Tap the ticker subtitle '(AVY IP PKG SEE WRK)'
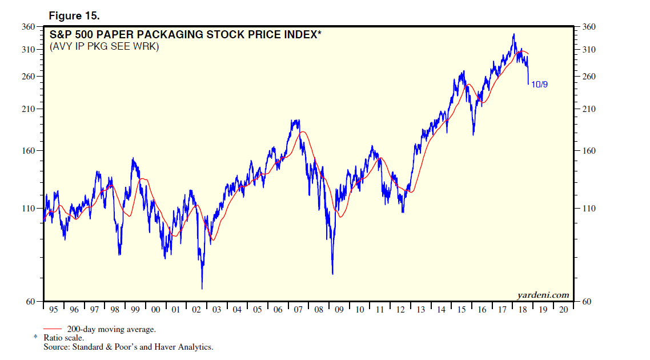click(x=103, y=46)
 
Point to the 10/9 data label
click(x=540, y=84)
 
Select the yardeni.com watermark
click(x=543, y=295)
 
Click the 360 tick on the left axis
click(x=29, y=26)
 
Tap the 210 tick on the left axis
click(x=29, y=109)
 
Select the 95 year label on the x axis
click(x=54, y=309)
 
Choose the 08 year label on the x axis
click(x=318, y=309)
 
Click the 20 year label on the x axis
click(x=563, y=309)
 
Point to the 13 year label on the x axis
click(x=420, y=309)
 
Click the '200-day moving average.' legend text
click(x=111, y=329)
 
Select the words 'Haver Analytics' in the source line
click(x=186, y=347)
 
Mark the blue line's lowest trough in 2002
click(x=202, y=289)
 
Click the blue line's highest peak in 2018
click(x=513, y=34)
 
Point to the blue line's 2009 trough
click(x=332, y=274)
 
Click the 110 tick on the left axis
click(x=29, y=209)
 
